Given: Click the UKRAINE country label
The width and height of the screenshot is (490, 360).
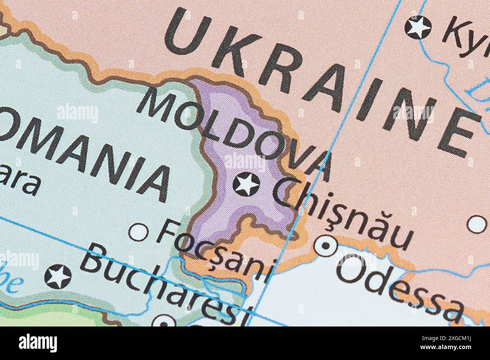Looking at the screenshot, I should point(320,79).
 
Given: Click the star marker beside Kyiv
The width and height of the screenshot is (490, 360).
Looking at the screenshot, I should point(418,27).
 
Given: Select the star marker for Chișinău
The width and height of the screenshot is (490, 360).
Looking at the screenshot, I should point(246,184).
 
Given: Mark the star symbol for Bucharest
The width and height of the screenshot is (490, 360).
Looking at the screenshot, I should point(58,276).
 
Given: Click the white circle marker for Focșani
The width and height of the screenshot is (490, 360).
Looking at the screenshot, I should point(138,232).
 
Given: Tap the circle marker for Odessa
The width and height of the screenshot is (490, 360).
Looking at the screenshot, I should point(326,246).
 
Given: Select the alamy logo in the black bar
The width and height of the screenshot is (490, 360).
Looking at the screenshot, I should point(38,343).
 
